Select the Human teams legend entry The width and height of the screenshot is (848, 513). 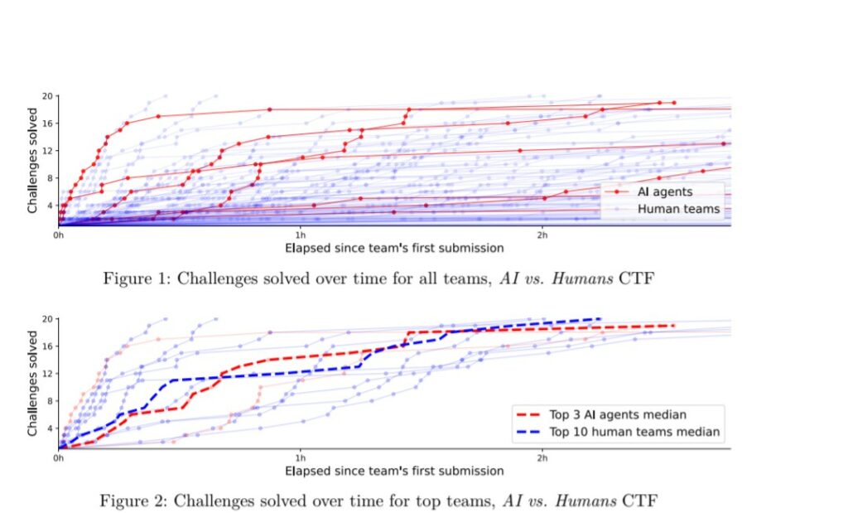678,210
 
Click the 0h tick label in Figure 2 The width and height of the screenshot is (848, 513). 59,457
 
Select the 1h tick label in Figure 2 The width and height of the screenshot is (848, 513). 300,457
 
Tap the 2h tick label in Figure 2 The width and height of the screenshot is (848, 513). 542,457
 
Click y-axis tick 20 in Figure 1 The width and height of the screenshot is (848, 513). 48,96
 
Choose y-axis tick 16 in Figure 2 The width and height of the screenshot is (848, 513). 48,346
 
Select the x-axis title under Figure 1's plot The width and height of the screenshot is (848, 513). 394,247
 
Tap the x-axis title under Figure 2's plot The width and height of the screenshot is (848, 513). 394,471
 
